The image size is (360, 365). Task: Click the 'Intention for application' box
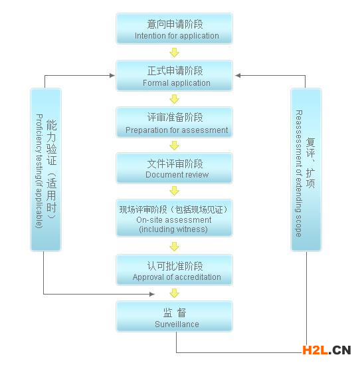point(174,29)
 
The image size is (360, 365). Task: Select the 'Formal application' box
point(174,75)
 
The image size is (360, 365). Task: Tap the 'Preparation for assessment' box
point(174,122)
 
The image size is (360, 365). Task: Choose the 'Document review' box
point(174,168)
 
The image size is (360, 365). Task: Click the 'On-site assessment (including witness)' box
point(174,218)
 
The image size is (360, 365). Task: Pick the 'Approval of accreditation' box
point(174,270)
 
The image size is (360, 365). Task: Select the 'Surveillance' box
point(174,316)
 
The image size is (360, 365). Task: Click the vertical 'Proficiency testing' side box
point(46,170)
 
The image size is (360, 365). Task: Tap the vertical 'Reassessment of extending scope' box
point(306,170)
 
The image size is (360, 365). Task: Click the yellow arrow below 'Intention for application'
point(174,53)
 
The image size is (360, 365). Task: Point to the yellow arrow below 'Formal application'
point(174,99)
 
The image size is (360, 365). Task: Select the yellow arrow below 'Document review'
point(174,191)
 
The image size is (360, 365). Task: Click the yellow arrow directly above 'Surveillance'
point(174,293)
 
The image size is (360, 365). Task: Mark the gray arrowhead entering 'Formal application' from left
point(112,75)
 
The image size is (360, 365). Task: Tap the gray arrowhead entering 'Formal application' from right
point(238,75)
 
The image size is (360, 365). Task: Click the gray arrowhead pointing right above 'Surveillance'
point(152,295)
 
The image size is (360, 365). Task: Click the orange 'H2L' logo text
point(315,350)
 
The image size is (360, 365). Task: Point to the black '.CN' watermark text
point(340,350)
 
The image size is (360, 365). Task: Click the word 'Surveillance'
point(177,324)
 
